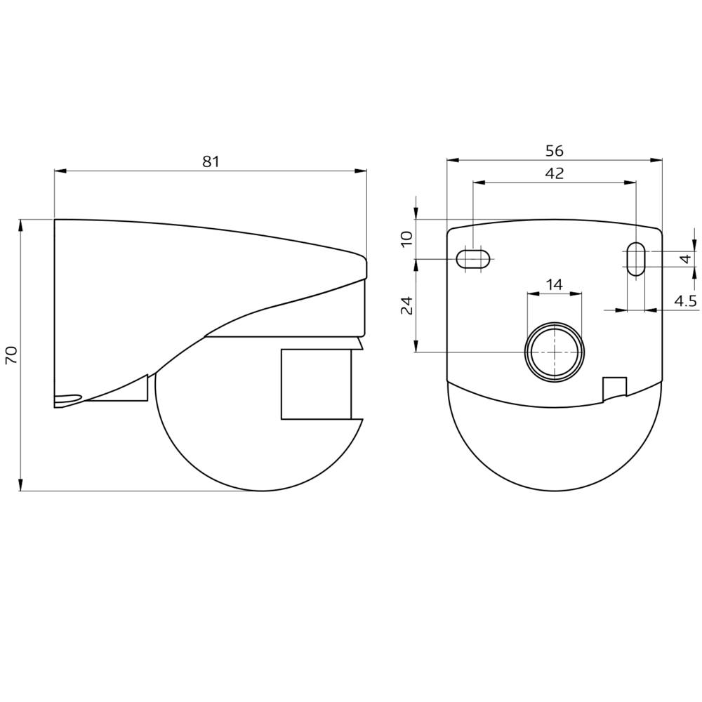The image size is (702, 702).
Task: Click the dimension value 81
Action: [x=211, y=161]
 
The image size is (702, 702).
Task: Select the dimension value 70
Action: [x=11, y=354]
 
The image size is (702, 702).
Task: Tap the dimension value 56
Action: [x=555, y=151]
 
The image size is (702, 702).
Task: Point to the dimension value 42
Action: [x=555, y=173]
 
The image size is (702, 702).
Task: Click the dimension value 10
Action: [x=406, y=239]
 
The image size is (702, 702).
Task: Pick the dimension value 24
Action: [x=406, y=305]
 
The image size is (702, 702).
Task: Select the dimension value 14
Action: [x=555, y=284]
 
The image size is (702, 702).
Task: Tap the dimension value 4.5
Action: [x=685, y=301]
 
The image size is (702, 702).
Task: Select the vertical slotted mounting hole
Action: [x=635, y=259]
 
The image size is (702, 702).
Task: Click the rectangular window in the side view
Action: [x=316, y=384]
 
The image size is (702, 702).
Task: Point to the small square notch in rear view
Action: [x=614, y=388]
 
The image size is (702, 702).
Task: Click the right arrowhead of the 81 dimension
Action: [x=362, y=171]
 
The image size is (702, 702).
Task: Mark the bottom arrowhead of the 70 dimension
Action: [x=21, y=485]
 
